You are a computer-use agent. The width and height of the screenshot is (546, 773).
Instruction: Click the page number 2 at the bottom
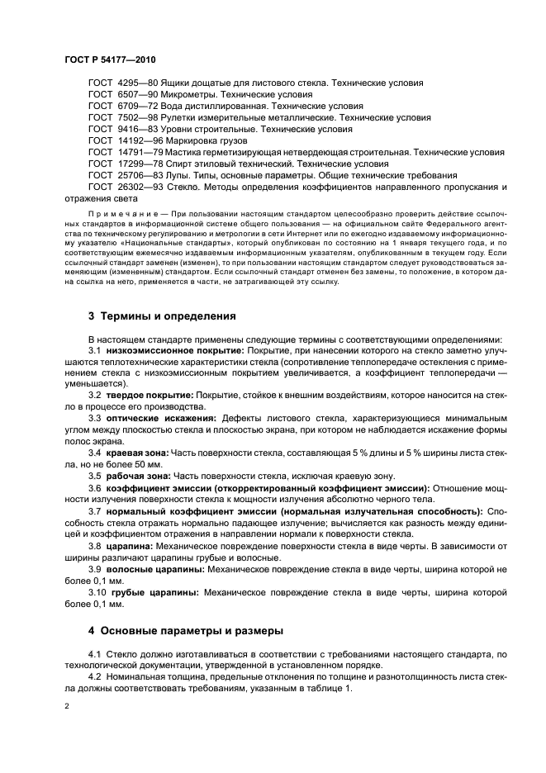pos(66,706)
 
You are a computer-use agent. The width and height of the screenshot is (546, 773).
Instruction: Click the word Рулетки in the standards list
pos(183,118)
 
